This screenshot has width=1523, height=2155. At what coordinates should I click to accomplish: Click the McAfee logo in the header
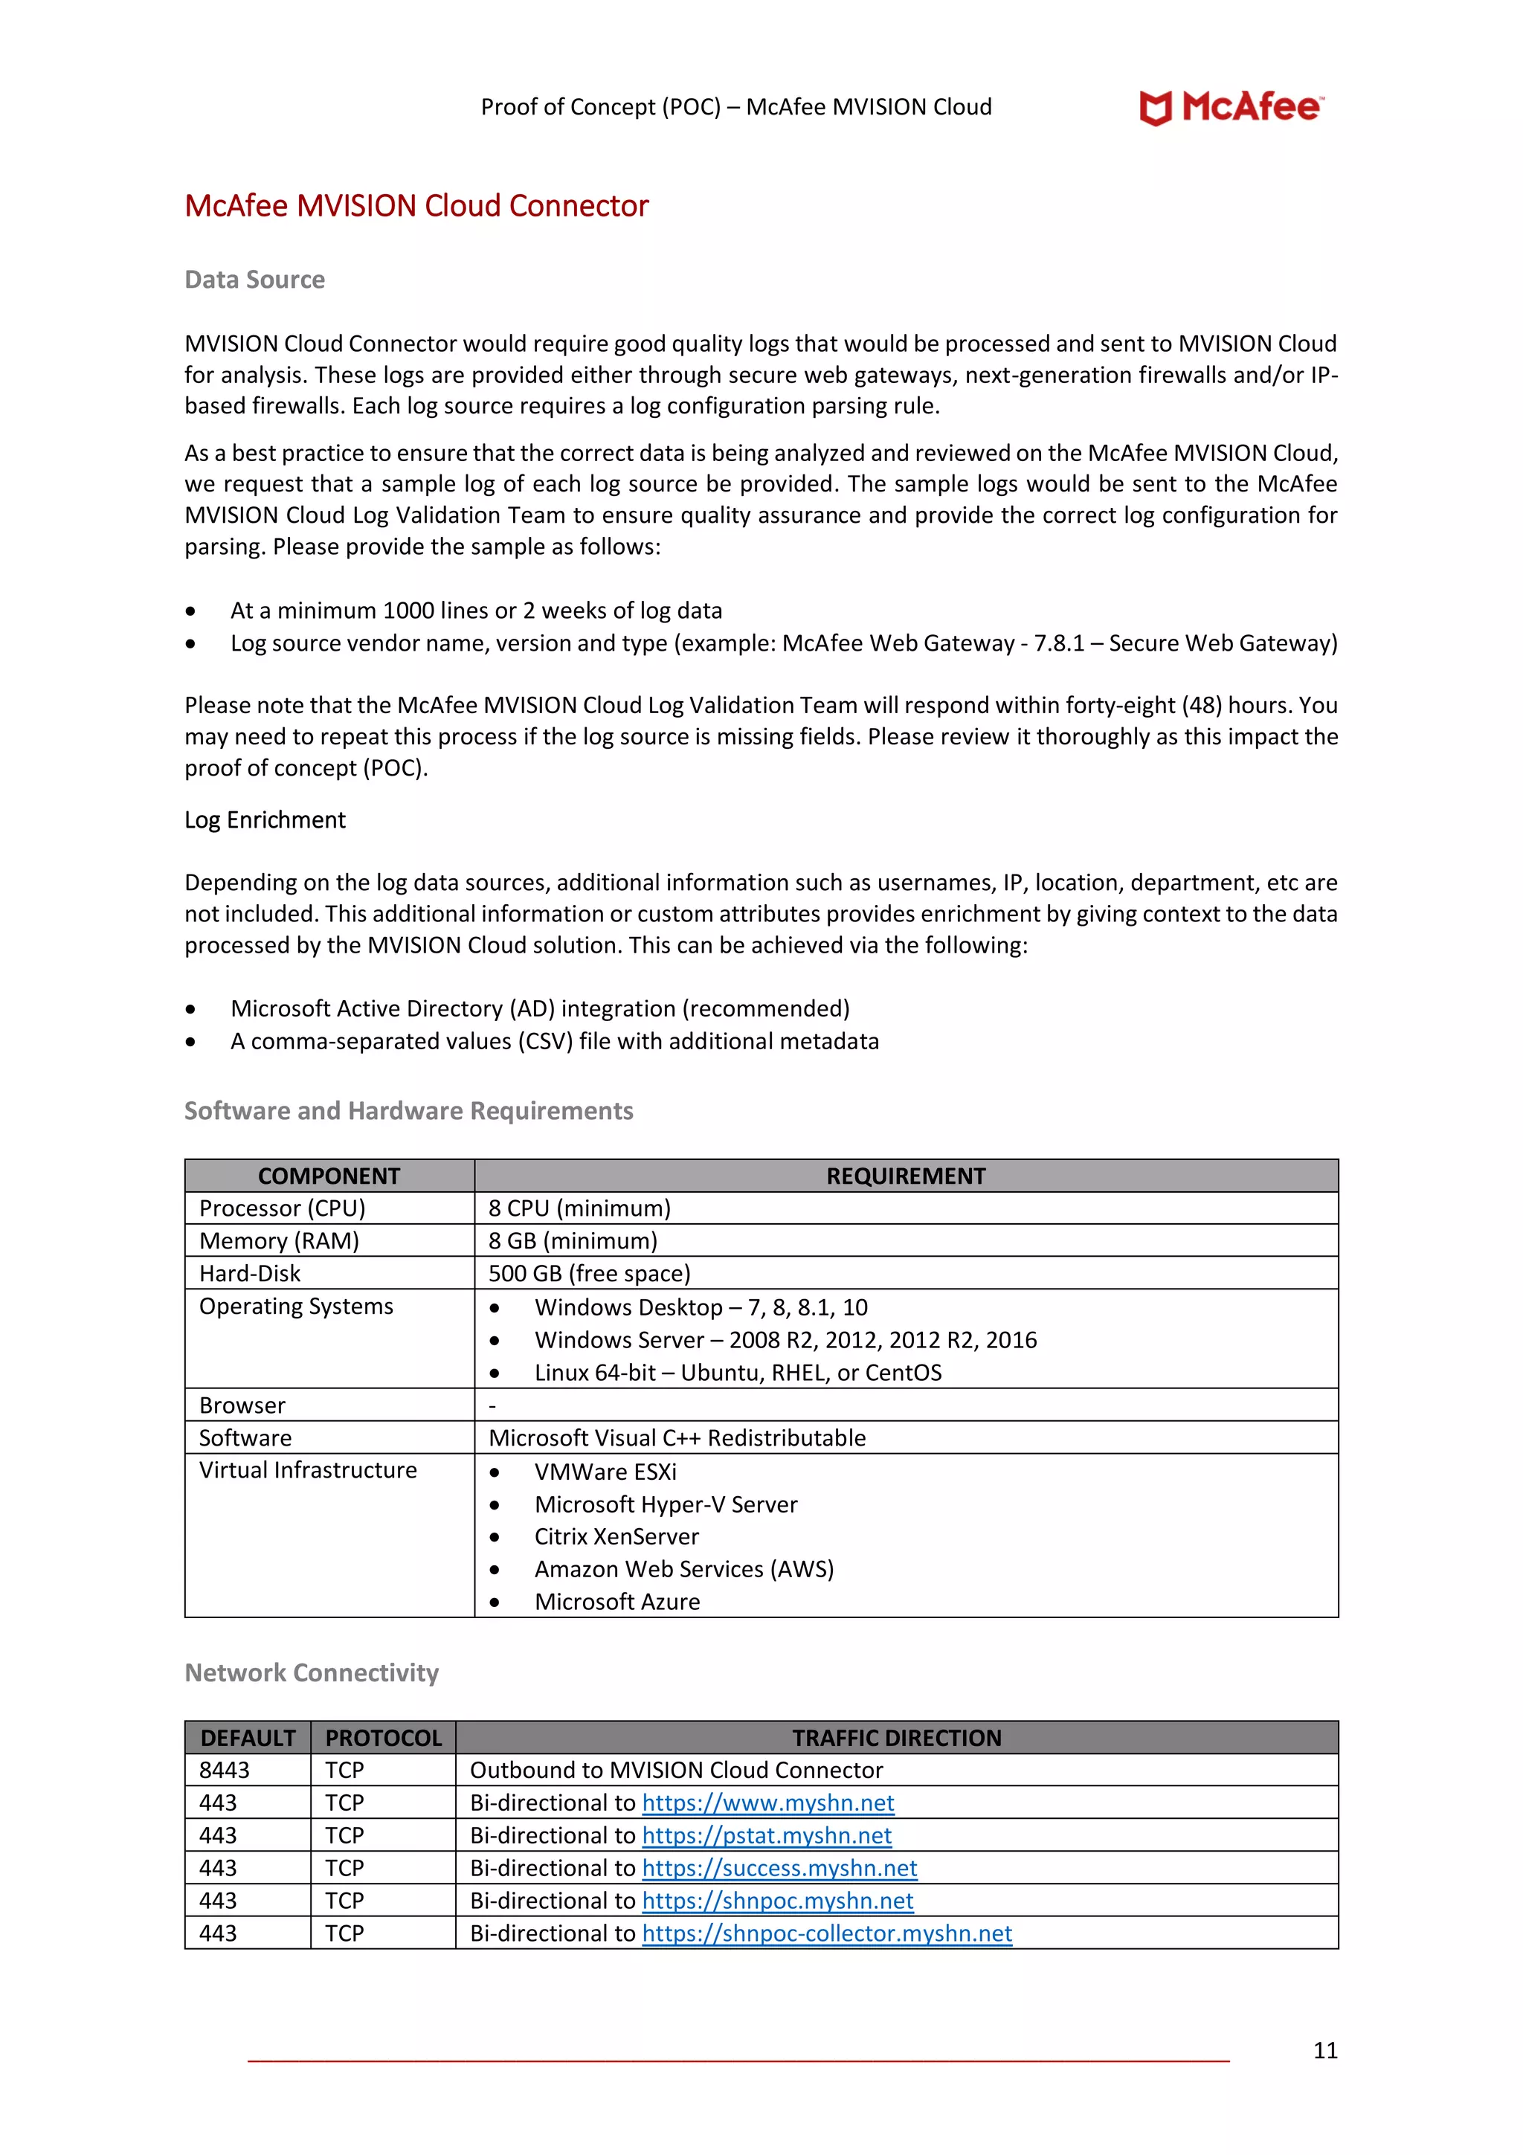click(x=1230, y=107)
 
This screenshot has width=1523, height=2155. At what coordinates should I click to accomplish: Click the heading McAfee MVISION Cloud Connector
click(x=416, y=205)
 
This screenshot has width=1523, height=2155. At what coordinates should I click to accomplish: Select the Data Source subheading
click(x=254, y=280)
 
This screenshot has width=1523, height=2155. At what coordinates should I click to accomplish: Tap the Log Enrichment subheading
click(x=265, y=819)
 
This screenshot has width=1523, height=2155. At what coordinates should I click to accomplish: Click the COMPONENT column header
click(x=329, y=1176)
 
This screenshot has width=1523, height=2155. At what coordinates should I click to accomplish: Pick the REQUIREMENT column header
click(x=906, y=1176)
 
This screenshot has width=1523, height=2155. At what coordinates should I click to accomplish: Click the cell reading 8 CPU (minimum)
click(x=579, y=1208)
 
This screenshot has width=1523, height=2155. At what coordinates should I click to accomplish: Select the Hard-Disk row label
click(x=250, y=1274)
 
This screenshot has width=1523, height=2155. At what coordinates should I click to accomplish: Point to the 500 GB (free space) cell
click(x=589, y=1274)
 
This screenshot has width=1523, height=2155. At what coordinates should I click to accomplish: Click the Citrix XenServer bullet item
click(x=616, y=1536)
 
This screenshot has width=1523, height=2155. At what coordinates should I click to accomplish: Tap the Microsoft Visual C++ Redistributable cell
click(x=677, y=1438)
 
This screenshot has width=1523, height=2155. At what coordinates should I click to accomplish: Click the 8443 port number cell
click(x=225, y=1770)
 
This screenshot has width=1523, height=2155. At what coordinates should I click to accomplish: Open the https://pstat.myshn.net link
click(x=767, y=1835)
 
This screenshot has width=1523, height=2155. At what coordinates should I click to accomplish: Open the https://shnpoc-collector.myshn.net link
click(x=827, y=1933)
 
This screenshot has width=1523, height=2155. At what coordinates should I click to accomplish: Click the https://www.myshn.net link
click(x=767, y=1803)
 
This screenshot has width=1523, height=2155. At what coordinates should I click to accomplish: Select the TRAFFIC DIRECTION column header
click(x=896, y=1739)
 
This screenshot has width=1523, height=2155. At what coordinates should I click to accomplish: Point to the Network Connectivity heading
click(x=312, y=1672)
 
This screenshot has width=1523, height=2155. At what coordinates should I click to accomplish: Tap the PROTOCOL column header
click(x=383, y=1739)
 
